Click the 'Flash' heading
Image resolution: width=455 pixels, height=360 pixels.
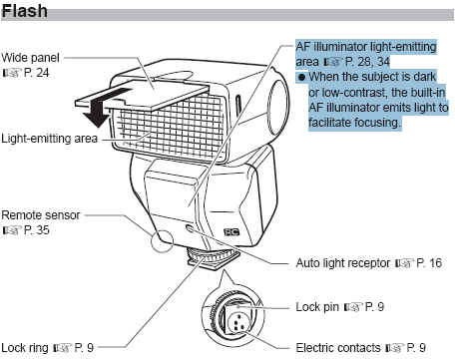point(24,11)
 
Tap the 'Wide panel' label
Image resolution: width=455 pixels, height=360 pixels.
point(30,58)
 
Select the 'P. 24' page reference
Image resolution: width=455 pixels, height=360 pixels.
point(37,73)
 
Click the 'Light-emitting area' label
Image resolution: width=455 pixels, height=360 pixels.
point(49,139)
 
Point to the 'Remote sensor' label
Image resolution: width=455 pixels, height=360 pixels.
point(41,215)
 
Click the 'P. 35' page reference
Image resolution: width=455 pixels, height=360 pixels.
point(37,230)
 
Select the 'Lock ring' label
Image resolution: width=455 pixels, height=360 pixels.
point(25,348)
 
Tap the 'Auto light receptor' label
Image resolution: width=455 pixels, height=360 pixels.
point(343,263)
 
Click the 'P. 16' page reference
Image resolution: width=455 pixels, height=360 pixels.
point(429,263)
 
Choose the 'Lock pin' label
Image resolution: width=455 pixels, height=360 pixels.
point(317,307)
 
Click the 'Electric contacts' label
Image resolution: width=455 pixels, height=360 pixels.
point(338,348)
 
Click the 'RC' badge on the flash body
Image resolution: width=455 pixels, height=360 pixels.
point(231,232)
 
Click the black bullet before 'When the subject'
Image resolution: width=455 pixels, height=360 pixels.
point(301,78)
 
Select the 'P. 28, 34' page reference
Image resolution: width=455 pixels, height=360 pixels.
point(367,62)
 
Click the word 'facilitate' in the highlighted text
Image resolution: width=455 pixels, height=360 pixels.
point(329,123)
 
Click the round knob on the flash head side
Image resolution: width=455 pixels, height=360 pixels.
point(277,106)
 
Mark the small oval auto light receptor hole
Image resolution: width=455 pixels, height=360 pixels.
point(190,229)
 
